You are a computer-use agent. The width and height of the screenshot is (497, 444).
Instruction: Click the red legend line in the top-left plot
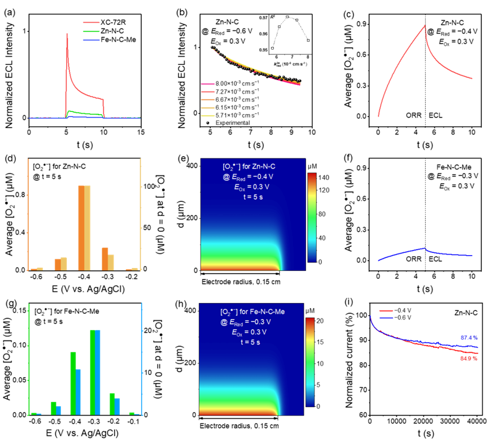click(91, 23)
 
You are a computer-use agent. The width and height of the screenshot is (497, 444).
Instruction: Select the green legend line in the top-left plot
click(91, 31)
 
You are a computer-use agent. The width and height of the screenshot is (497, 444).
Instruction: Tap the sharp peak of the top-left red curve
click(67, 34)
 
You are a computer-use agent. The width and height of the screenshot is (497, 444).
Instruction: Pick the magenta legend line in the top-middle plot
click(208, 84)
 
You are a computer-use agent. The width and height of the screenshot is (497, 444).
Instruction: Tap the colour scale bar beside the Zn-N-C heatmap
click(312, 217)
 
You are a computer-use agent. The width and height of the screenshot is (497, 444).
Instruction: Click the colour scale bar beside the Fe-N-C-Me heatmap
click(310, 362)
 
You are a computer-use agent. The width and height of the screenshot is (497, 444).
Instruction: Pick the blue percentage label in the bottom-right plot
click(469, 338)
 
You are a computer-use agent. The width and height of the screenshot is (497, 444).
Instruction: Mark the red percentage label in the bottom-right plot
click(469, 359)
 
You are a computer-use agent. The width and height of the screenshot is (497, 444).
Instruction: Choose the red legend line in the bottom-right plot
click(386, 311)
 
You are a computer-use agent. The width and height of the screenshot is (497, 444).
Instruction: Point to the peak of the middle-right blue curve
click(425, 248)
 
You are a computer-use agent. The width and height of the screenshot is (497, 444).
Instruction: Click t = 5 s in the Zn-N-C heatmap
click(252, 197)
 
